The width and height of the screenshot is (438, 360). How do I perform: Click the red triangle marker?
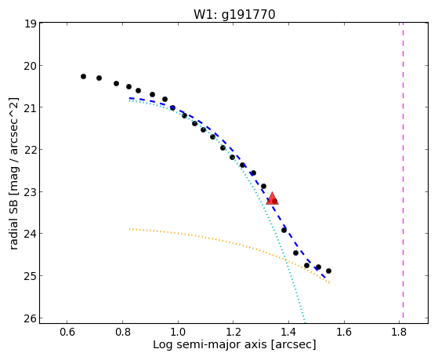(272, 198)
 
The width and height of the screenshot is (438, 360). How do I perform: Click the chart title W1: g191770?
(234, 15)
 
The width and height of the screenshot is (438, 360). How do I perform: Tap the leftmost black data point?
(83, 76)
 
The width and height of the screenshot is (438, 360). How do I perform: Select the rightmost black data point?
(328, 271)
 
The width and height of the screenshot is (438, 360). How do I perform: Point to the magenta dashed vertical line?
(403, 170)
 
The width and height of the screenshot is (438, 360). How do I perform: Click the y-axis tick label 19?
(31, 24)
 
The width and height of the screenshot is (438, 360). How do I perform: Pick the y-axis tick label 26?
(31, 318)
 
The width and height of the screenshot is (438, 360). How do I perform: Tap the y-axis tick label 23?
(31, 192)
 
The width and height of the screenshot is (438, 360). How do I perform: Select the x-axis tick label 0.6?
(67, 333)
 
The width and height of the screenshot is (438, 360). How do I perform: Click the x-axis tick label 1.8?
(400, 333)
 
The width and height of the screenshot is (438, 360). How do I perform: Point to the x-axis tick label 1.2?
(233, 333)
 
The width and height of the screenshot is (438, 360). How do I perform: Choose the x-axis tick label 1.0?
(178, 333)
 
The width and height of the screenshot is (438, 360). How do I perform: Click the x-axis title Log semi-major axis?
(210, 345)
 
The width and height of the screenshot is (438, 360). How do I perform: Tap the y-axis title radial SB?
(14, 221)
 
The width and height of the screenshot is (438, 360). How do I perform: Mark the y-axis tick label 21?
(31, 107)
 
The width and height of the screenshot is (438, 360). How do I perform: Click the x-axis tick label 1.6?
(344, 333)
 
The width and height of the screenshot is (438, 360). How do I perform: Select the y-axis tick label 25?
(31, 276)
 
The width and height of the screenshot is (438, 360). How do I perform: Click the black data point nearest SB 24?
(284, 231)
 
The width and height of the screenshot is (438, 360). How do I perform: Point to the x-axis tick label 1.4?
(288, 333)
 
